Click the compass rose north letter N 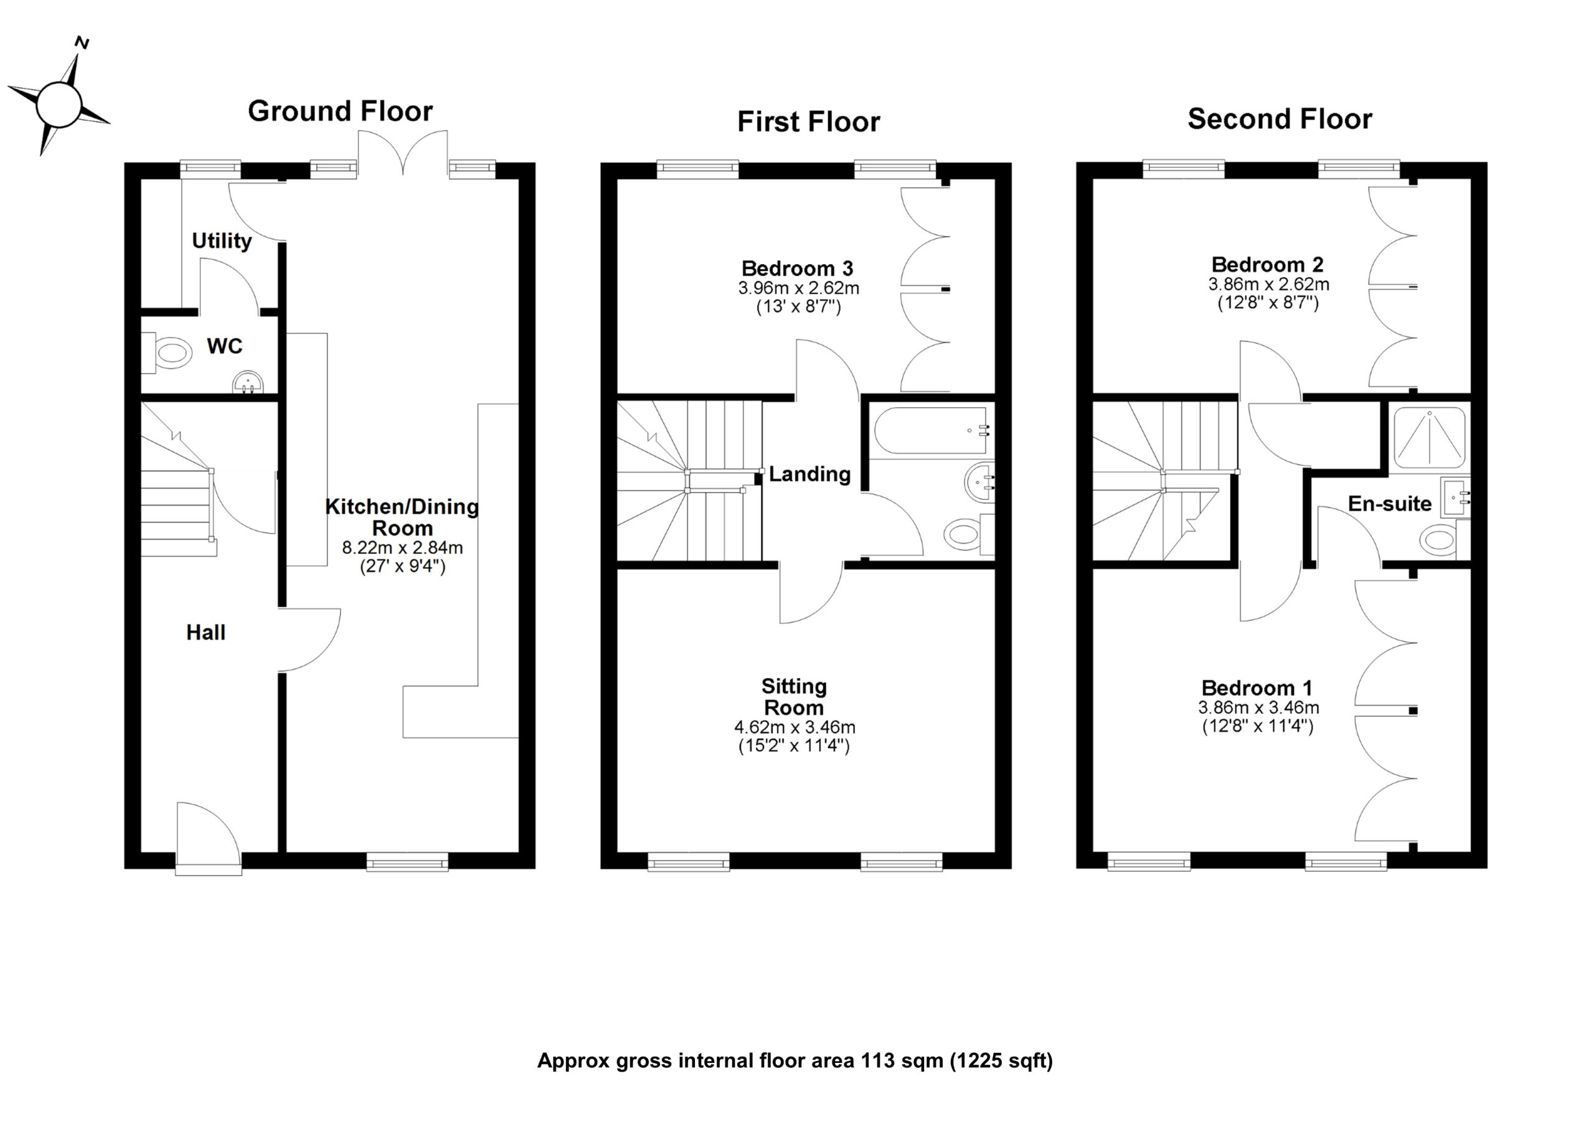(x=82, y=44)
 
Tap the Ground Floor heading (x=340, y=111)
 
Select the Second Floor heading (x=1280, y=119)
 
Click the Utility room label (x=222, y=241)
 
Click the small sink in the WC (x=248, y=382)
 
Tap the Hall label (x=205, y=633)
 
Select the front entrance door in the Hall (x=208, y=837)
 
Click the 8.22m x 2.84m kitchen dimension (x=402, y=547)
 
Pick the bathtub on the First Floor (x=932, y=430)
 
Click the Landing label (x=809, y=474)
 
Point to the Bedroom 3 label (x=797, y=268)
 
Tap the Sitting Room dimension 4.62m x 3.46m (x=795, y=728)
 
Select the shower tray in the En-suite (x=1430, y=438)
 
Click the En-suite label (x=1389, y=504)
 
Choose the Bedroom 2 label (x=1267, y=265)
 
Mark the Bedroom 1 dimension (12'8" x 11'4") (x=1257, y=727)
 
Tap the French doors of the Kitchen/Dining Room (x=403, y=154)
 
